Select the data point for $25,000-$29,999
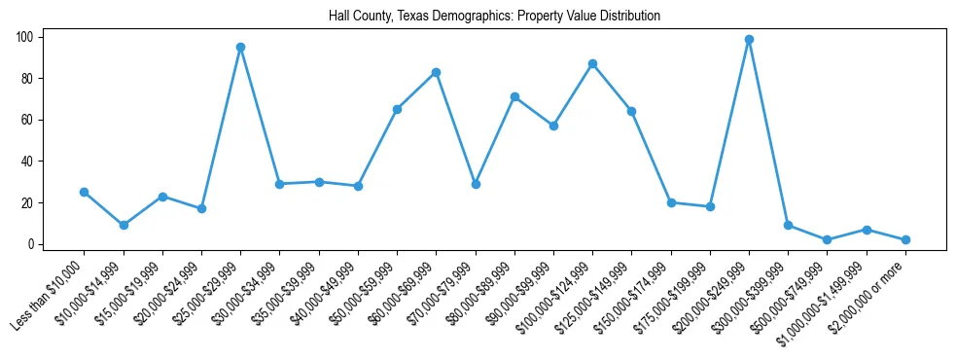(240, 47)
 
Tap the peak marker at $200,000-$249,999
(749, 39)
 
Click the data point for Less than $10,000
(84, 192)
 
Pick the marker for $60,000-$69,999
(436, 72)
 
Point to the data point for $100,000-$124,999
(592, 63)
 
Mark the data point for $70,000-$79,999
(476, 184)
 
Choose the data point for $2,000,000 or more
(905, 239)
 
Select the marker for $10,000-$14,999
(124, 225)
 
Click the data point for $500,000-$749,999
(827, 239)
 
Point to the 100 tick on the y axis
(25, 37)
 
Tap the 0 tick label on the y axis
(31, 244)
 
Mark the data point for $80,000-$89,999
(514, 96)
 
